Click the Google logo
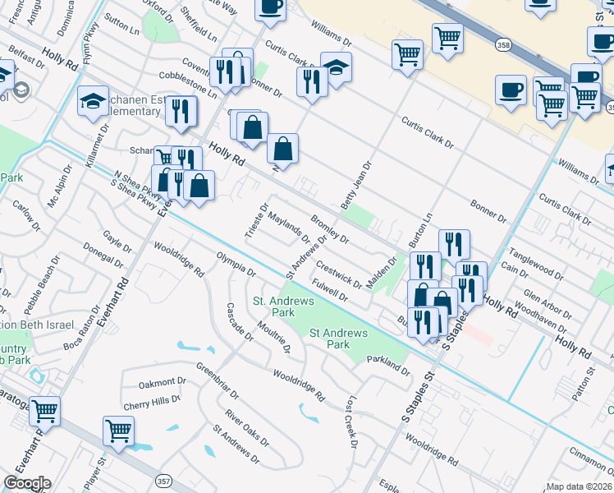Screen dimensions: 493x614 point(26,483)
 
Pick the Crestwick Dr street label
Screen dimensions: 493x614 point(339,275)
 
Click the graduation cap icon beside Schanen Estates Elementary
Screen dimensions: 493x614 point(93,102)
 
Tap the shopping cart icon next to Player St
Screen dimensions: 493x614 point(119,430)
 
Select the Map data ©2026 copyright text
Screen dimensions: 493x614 point(580,486)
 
